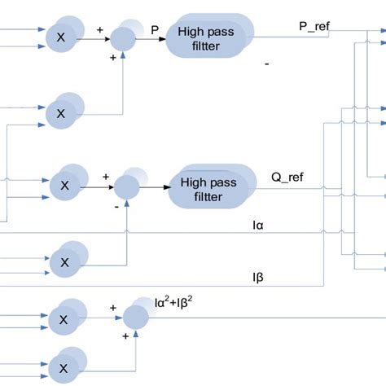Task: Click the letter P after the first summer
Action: point(154,29)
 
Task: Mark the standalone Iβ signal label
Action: point(258,278)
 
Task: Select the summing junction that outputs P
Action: point(123,38)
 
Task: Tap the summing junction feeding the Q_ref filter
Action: point(126,188)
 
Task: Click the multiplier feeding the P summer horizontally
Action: point(59,37)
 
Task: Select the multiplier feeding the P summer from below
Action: point(59,114)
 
